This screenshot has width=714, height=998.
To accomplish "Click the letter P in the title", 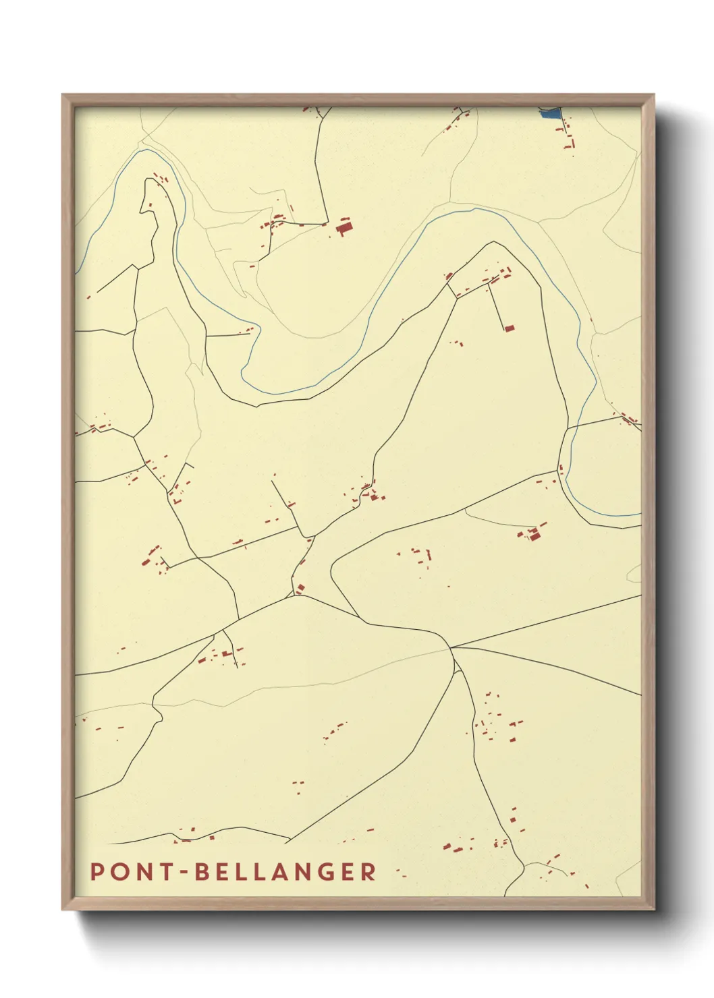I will click(x=97, y=871).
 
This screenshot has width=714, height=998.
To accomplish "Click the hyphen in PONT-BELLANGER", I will click(x=184, y=873).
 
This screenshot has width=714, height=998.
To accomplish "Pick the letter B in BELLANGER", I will click(x=202, y=871).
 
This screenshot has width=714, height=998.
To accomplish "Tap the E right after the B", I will click(x=223, y=871).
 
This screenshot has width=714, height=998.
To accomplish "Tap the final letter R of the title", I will click(x=368, y=871).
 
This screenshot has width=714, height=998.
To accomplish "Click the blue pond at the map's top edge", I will click(x=551, y=113).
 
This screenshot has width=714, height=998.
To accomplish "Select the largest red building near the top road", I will click(x=344, y=227).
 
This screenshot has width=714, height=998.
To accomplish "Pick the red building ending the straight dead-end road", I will click(x=509, y=328).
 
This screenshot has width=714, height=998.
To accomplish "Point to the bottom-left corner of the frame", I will click(x=63, y=908).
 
